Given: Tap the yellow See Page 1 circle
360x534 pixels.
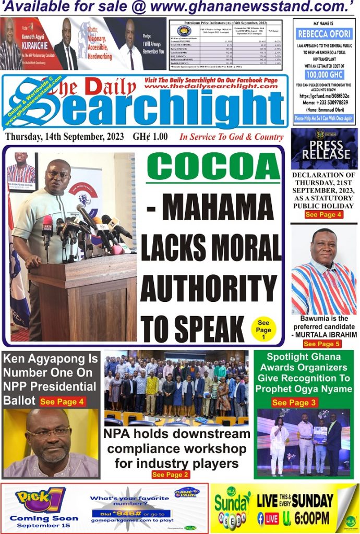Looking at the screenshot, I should (263, 330).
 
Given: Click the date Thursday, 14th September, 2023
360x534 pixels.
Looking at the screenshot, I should (65, 137).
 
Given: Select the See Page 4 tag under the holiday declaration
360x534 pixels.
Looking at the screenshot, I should (323, 215).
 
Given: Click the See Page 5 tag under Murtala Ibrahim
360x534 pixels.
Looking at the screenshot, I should (321, 344).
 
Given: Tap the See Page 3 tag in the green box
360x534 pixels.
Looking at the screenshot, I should (294, 402).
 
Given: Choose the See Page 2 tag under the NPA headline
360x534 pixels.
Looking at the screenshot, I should (171, 475).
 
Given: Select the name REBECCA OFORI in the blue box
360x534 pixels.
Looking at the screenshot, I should (323, 34).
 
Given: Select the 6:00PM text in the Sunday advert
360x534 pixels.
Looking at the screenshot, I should (311, 518).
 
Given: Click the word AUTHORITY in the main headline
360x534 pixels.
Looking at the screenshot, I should (208, 288).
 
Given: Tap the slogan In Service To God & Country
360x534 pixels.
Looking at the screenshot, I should (231, 137).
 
